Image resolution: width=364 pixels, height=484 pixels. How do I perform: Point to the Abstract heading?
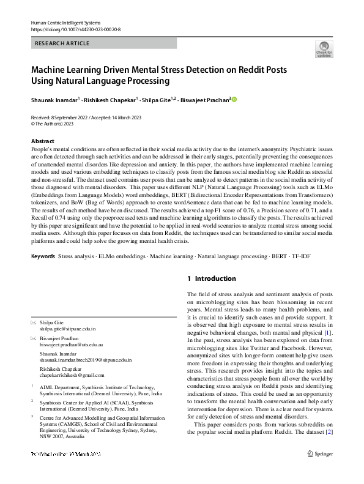pos(42,141)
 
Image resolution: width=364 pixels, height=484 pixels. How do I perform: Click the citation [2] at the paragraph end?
pos(330,449)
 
